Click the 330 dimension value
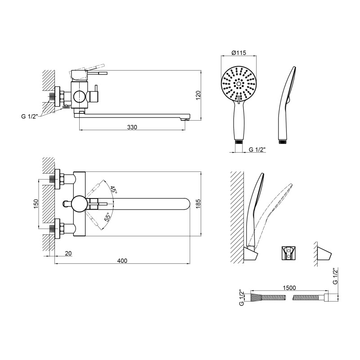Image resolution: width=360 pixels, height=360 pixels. (x=132, y=127)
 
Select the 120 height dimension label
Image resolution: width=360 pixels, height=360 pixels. (x=198, y=95)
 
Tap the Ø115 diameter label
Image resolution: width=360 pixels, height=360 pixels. (x=238, y=53)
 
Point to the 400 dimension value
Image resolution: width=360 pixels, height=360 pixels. (x=122, y=261)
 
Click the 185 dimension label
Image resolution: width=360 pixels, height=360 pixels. (x=198, y=204)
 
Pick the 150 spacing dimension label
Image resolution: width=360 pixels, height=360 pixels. (x=36, y=204)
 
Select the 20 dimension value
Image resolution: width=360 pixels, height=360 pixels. (x=68, y=253)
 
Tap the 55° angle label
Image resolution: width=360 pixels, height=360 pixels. (x=108, y=217)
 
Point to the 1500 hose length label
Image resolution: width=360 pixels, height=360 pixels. (x=289, y=288)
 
